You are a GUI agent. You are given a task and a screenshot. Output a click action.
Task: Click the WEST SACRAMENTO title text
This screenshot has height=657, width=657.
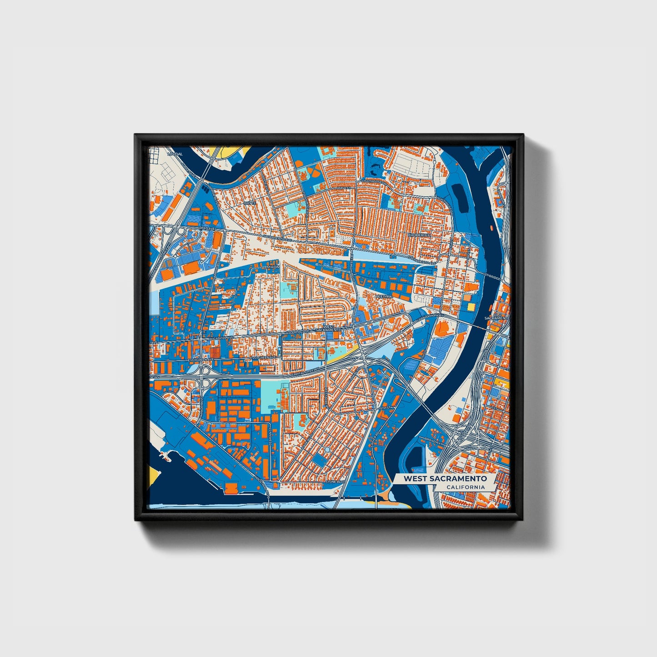pos(445,478)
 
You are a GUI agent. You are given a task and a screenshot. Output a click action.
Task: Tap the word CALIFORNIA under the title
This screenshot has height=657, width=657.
pos(465,487)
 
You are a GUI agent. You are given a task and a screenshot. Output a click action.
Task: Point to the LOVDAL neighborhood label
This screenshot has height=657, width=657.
pos(175,154)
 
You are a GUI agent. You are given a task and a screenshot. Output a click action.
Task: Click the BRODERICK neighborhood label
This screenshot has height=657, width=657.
pos(418,235)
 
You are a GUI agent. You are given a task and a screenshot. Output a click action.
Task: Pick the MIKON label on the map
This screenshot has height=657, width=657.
pos(273,267)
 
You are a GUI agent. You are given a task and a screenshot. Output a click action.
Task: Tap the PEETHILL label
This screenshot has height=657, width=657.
pos(383,296)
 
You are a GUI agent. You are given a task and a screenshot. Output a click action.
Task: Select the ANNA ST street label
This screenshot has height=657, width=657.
pos(344,187)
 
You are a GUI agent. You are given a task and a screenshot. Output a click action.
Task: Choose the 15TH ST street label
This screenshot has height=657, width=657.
pos(386,406)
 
